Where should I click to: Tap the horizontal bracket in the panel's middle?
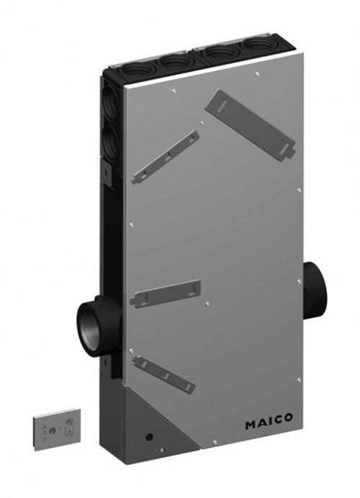click(x=165, y=294)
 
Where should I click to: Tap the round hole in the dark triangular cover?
click(x=149, y=436)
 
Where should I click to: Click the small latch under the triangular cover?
click(x=163, y=451)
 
